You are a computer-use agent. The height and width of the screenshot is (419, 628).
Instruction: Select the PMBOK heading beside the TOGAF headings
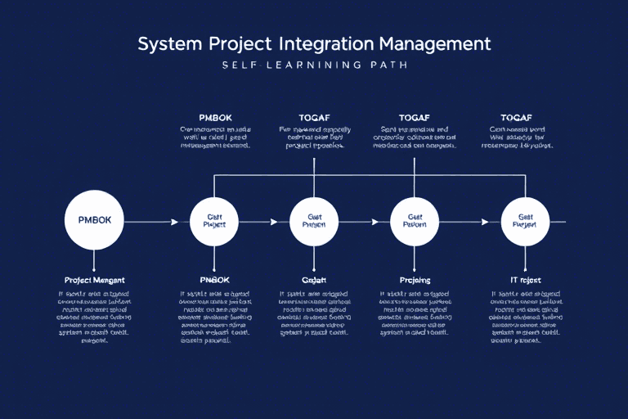click(215, 118)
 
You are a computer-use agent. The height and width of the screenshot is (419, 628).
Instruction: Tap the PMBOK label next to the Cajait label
click(215, 280)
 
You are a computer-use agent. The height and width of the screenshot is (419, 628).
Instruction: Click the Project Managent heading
click(94, 280)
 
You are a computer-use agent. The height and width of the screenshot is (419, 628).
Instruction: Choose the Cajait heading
click(314, 280)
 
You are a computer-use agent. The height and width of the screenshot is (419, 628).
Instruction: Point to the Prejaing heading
click(415, 280)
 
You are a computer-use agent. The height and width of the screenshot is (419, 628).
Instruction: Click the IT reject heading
click(515, 280)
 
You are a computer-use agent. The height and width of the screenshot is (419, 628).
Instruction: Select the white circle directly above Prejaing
click(415, 221)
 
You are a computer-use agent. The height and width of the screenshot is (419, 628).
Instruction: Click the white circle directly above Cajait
click(314, 221)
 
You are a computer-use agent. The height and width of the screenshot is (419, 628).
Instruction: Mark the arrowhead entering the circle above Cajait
click(273, 221)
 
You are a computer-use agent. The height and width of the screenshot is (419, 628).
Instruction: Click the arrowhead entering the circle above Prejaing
click(375, 221)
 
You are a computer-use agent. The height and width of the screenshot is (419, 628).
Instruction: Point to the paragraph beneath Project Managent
click(94, 317)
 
